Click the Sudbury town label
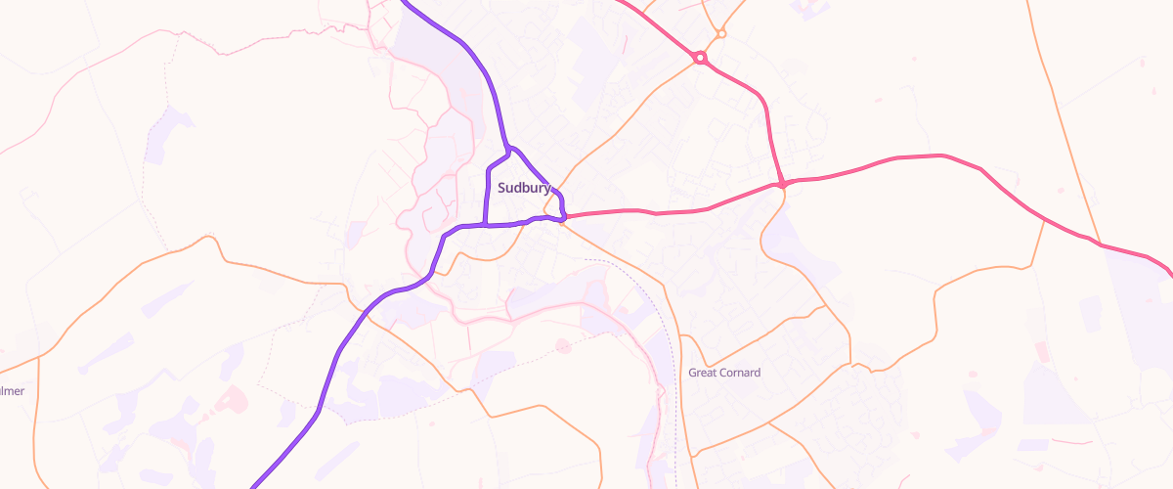coord(524,188)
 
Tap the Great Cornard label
coord(724,373)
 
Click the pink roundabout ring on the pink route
coord(700,58)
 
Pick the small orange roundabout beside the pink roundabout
coord(721,34)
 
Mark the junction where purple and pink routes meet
coord(565,216)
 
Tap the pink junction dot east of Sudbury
coord(783,183)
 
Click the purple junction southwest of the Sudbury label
coord(486,225)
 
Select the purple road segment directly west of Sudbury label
coord(488,191)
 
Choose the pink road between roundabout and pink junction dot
coord(767,117)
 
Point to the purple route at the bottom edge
coord(255,484)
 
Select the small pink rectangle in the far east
coord(1041,351)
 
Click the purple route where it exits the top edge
coord(407,3)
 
